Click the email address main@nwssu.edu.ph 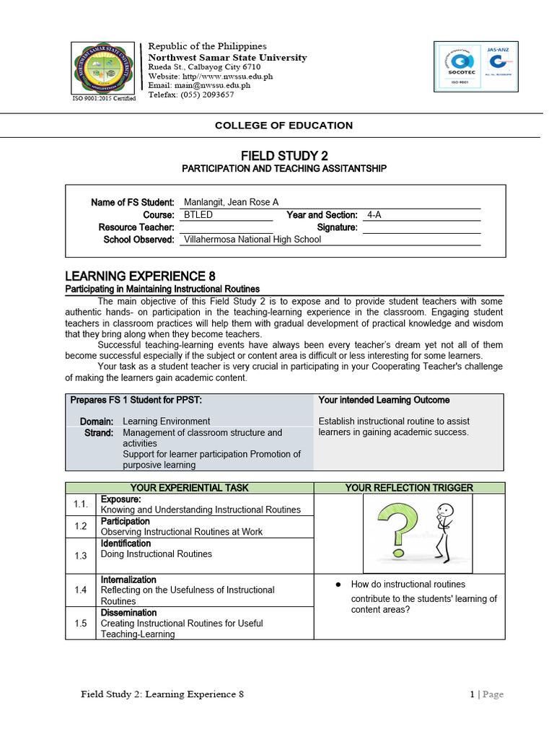pyautogui.click(x=199, y=85)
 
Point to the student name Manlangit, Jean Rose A pyautogui.click(x=231, y=202)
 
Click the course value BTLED pyautogui.click(x=198, y=215)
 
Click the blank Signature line pyautogui.click(x=421, y=228)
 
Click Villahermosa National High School pyautogui.click(x=252, y=240)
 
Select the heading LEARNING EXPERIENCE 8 pyautogui.click(x=140, y=276)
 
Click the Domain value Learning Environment pyautogui.click(x=166, y=421)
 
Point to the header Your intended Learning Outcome pyautogui.click(x=384, y=400)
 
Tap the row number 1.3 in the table pyautogui.click(x=80, y=556)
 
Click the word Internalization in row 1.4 pyautogui.click(x=128, y=580)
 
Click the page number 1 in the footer pyautogui.click(x=472, y=694)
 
